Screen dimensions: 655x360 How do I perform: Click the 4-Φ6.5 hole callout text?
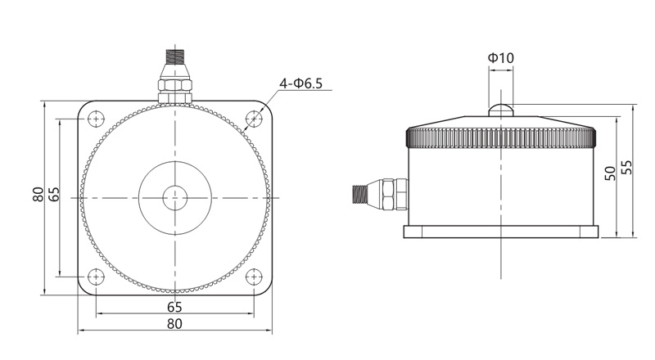[300, 83]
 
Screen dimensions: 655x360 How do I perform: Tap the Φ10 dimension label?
[501, 58]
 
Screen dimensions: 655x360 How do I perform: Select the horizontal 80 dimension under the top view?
[174, 324]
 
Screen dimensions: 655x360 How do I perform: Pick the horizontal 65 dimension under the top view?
[174, 307]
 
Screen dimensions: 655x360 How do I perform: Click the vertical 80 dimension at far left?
[38, 195]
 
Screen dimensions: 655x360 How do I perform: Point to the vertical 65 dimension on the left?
[54, 195]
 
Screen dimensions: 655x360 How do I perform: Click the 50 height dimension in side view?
[610, 173]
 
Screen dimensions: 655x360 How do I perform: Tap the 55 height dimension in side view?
[626, 168]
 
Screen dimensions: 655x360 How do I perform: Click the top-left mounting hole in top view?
[96, 119]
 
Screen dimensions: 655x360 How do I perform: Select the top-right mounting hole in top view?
[254, 119]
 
